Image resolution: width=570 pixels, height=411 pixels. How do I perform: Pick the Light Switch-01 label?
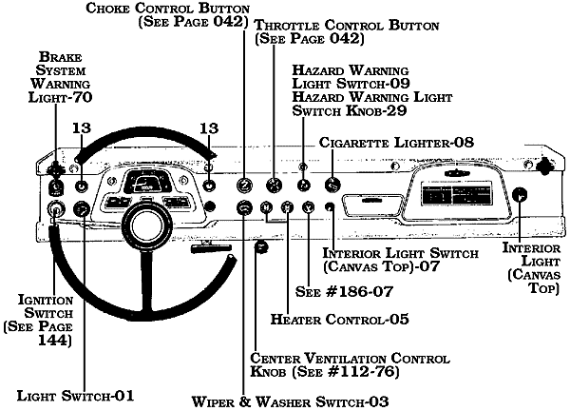click(x=75, y=393)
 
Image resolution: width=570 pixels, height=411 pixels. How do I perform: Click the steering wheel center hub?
click(x=148, y=225)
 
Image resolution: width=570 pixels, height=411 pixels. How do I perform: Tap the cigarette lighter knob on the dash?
click(x=332, y=186)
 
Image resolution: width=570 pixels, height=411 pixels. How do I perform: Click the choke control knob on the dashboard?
click(x=245, y=186)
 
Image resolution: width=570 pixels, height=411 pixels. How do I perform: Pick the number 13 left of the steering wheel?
click(x=83, y=129)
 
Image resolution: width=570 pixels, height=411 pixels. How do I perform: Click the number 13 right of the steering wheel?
click(x=209, y=129)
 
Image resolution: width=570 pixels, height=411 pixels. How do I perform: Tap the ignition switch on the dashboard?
click(x=57, y=210)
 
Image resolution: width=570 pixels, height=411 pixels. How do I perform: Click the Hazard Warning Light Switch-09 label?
click(x=351, y=77)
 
